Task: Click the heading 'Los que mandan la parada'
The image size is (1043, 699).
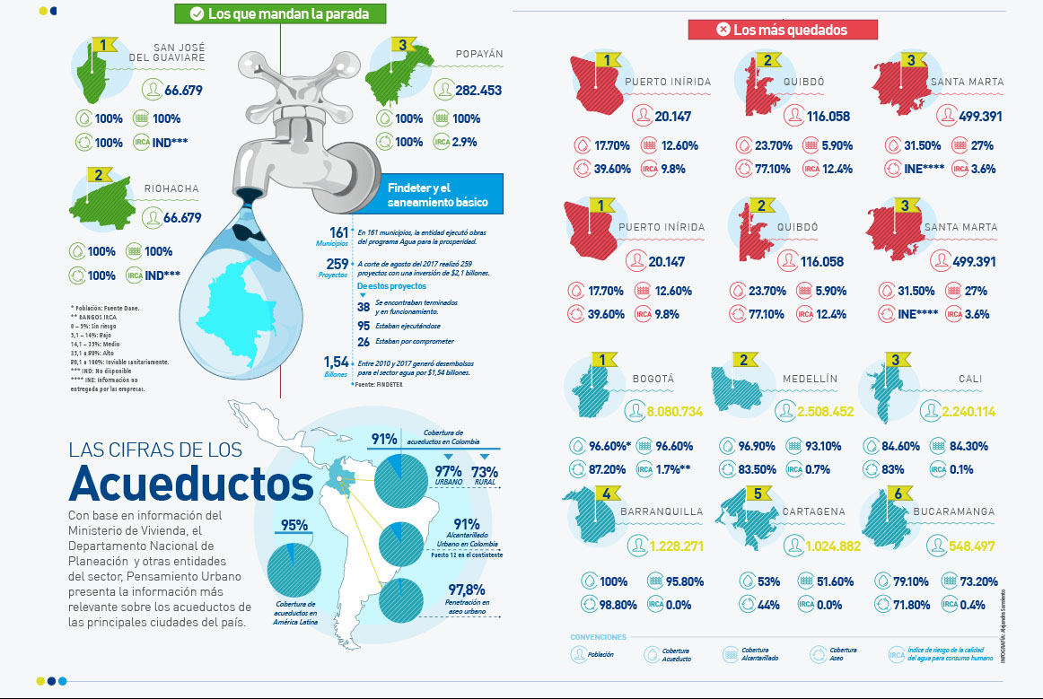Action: click(282, 13)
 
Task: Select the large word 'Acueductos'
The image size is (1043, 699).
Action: click(190, 483)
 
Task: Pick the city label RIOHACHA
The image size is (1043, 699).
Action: click(171, 189)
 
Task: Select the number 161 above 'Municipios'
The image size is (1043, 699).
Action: click(338, 232)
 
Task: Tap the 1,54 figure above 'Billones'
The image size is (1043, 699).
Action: click(336, 362)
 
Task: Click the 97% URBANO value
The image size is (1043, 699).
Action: click(448, 471)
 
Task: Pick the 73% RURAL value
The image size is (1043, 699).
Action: click(485, 471)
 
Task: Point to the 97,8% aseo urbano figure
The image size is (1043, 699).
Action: click(467, 590)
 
